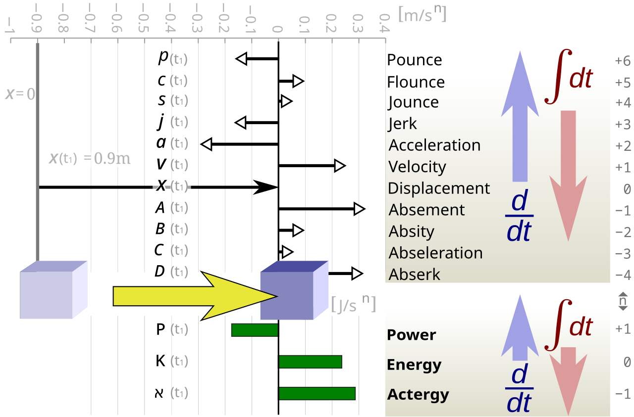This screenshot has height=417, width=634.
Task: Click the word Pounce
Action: coord(414,60)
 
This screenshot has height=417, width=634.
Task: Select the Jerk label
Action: coord(403,124)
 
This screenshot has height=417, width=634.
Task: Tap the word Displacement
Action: coord(439,188)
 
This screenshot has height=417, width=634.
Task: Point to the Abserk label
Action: coord(415,274)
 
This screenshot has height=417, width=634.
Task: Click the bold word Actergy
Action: coord(418,395)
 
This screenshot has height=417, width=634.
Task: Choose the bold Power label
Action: coord(411,335)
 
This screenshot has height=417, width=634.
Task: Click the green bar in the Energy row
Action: coord(310,362)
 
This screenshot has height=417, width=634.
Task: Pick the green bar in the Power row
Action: coord(255,330)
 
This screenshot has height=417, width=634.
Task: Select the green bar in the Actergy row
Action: coord(317,393)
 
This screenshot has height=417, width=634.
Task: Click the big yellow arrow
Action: coord(193,296)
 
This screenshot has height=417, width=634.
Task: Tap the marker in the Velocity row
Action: coord(341,166)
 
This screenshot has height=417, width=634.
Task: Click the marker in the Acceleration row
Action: coord(205,144)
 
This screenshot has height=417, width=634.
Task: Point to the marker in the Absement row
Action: coord(361,209)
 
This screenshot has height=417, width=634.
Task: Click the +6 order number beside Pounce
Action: coord(622,61)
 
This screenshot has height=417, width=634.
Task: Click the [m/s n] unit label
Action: coord(422,14)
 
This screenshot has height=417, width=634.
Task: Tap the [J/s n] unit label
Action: coord(353,304)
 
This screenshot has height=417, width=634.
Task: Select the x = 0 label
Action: coord(20,94)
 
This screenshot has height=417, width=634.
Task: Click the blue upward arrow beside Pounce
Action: coord(520,116)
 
